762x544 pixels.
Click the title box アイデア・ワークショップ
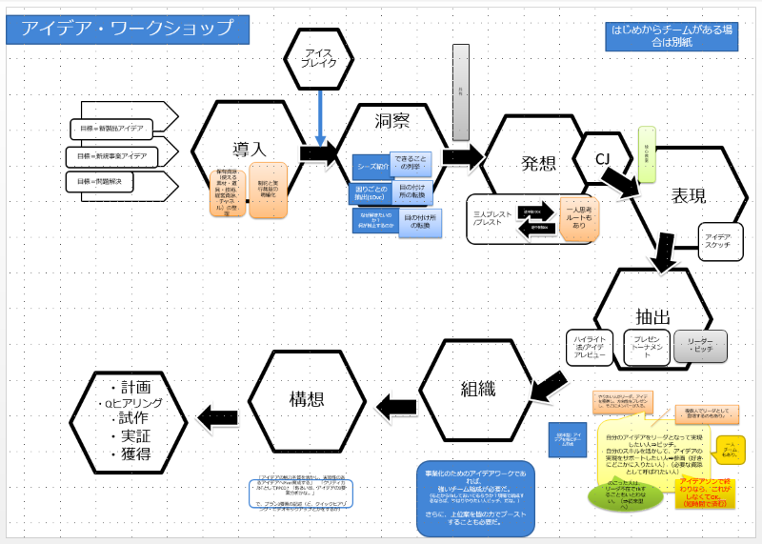pos(128,30)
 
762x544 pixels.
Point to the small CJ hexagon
pos(602,157)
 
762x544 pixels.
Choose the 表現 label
pos(689,196)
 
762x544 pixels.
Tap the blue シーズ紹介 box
pos(371,166)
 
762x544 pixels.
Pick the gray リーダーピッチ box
pos(700,345)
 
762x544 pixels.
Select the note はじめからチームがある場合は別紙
pos(673,36)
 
